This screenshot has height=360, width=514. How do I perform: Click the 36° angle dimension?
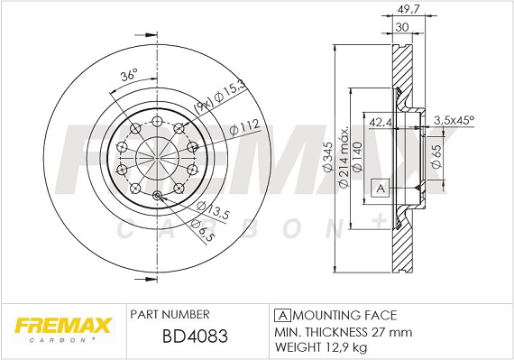128,76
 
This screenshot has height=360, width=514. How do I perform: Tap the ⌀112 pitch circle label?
244,127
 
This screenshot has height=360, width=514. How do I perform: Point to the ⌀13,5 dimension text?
214,211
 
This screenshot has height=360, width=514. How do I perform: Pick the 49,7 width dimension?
408,10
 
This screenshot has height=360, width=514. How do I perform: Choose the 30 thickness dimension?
402,27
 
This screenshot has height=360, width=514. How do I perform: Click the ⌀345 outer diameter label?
328,157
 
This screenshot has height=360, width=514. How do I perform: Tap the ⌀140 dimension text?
357,157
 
